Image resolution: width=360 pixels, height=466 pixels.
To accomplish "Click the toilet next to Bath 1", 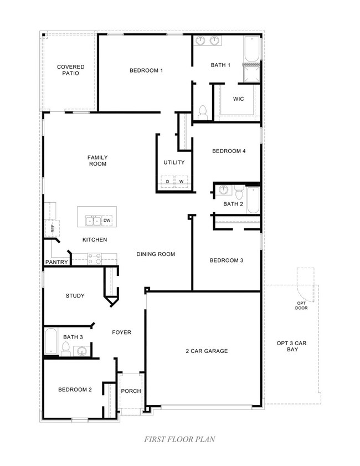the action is click(203, 112).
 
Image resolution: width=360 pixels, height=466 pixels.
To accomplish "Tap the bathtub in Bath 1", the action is click(252, 49).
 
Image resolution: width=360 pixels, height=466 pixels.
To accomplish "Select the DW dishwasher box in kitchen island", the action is click(107, 220).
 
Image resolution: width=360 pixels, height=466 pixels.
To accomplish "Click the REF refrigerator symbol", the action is click(52, 228).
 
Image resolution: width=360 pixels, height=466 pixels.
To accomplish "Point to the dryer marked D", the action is click(167, 181).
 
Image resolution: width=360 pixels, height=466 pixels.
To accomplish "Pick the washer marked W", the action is click(182, 181).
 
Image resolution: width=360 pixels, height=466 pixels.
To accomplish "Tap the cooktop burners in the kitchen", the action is click(94, 259).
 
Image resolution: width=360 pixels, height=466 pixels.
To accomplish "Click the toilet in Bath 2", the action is click(239, 192).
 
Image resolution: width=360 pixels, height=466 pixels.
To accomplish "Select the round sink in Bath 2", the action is click(223, 190).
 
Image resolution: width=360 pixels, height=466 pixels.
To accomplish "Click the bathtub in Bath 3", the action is click(51, 341).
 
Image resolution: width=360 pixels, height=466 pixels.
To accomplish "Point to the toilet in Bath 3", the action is click(66, 349).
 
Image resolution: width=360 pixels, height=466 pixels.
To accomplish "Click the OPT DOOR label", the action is click(301, 305).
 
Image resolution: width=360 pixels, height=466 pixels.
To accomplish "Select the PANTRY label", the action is click(56, 262).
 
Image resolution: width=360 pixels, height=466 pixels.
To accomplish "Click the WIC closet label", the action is click(239, 99).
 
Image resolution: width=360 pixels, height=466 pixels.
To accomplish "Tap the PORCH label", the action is click(131, 391).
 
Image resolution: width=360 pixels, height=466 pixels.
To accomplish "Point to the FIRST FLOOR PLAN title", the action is click(179, 439).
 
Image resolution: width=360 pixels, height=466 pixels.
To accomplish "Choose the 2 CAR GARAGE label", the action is click(207, 351).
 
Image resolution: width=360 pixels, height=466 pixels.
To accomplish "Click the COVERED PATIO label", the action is click(71, 70).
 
